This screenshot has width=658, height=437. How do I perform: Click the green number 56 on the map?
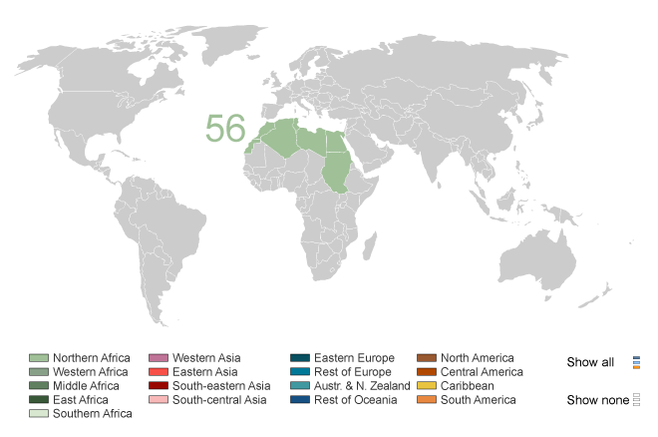point(225,129)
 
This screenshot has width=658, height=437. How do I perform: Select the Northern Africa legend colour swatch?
point(38,358)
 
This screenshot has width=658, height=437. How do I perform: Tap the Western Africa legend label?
point(90,372)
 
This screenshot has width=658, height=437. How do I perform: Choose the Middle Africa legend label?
point(86,386)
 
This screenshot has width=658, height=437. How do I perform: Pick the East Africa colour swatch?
point(38,400)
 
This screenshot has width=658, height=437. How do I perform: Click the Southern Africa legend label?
point(92,414)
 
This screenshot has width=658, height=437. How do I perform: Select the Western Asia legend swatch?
point(158,358)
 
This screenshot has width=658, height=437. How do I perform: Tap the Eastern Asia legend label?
point(205,372)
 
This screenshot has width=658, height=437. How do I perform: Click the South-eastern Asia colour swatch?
point(158,386)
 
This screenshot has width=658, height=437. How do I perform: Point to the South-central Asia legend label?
point(219,400)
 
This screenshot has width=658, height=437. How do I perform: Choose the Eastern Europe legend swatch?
point(299,358)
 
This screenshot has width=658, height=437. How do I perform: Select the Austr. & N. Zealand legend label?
point(362,386)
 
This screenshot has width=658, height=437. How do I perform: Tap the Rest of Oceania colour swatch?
point(299,400)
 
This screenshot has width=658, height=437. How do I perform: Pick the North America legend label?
point(478,358)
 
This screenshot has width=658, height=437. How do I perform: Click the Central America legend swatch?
point(427,372)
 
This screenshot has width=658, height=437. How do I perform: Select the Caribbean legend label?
point(468,386)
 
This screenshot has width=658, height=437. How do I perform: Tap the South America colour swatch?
point(427,400)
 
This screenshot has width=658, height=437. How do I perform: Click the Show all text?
point(590,362)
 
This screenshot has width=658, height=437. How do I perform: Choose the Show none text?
point(595,400)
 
